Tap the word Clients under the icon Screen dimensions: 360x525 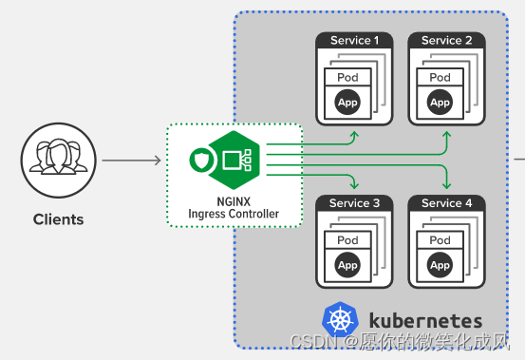click(58, 219)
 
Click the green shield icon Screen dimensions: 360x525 click(199, 161)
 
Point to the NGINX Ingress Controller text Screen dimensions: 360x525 click(234, 207)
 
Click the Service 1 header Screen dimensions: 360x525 click(354, 41)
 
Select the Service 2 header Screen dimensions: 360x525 click(446, 41)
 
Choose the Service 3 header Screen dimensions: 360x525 click(354, 203)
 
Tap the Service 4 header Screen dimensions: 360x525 click(446, 203)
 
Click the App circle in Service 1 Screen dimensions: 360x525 click(347, 102)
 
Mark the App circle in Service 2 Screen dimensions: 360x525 click(440, 102)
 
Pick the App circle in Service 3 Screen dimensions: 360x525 click(347, 265)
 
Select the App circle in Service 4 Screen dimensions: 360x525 click(440, 265)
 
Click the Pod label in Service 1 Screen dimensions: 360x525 click(347, 77)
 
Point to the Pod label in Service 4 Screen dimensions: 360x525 click(440, 240)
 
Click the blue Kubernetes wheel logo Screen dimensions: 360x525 click(339, 320)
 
